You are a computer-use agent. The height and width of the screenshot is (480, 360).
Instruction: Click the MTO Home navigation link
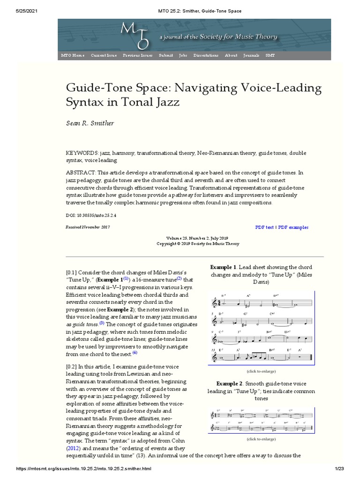pos(73,55)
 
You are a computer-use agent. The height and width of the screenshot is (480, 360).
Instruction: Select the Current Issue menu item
pos(104,55)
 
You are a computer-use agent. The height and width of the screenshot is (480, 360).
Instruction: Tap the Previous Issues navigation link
pos(138,55)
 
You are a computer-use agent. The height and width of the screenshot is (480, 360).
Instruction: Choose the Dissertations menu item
pos(206,55)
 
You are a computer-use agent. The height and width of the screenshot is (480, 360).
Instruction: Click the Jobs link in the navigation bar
pos(183,55)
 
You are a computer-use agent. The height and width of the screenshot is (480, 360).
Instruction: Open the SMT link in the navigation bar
pos(270,55)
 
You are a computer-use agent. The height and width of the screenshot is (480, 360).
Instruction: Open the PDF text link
pos(264,227)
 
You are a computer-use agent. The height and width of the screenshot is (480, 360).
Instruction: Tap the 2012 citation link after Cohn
pos(73,448)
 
